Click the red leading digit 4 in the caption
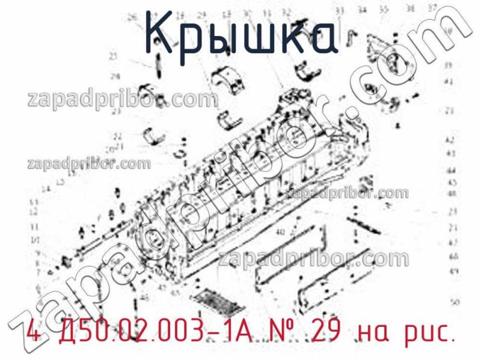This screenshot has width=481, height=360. (33, 330)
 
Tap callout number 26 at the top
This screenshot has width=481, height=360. (133, 17)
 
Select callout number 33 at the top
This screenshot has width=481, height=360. (340, 11)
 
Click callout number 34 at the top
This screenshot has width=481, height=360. (362, 10)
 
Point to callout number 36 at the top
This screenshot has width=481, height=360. (410, 9)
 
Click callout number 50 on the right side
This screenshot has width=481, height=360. (455, 302)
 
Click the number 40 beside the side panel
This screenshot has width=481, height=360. (280, 233)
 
